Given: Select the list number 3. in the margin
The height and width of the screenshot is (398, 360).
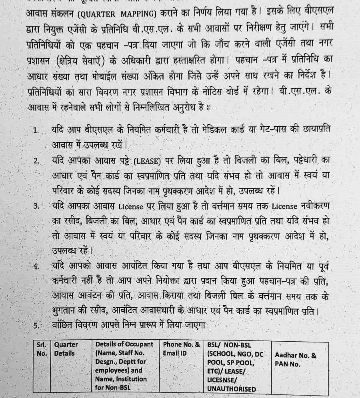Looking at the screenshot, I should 36,207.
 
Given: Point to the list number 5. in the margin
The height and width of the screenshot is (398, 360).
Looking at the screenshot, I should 36,326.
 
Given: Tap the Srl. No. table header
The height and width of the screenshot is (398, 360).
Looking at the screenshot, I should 42,348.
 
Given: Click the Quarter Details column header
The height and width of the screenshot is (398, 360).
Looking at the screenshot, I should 66,348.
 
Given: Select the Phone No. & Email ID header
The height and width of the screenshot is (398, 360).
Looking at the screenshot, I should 181,348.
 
